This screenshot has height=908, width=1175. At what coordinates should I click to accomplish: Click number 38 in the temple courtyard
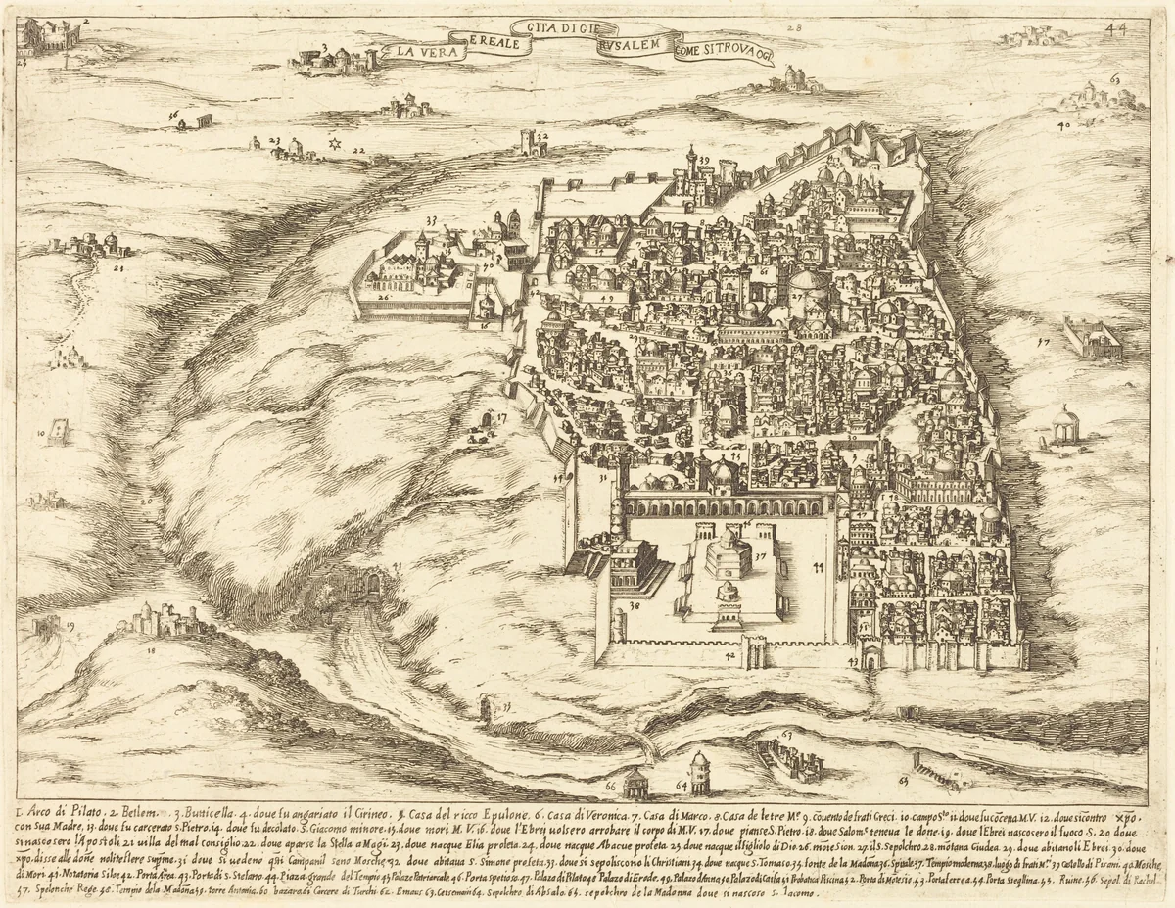634,607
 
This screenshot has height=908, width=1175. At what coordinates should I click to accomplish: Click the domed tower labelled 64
700,770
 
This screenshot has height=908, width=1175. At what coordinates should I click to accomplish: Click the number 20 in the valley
145,501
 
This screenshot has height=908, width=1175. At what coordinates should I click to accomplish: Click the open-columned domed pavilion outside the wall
1063,426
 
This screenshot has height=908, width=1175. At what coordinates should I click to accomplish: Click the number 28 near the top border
792,29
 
